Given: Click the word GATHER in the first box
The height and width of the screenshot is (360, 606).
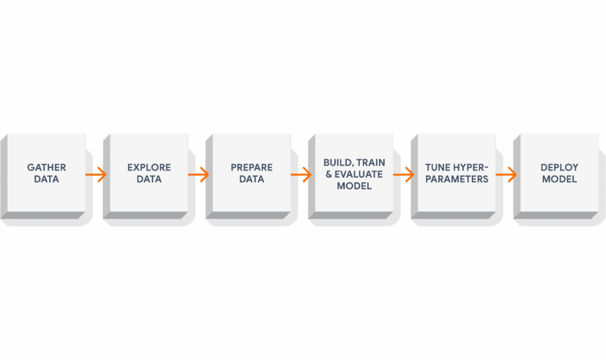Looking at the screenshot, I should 47,168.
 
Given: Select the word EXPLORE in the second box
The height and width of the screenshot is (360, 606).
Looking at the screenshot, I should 149,168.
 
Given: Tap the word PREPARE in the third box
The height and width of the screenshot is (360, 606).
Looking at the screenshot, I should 252,168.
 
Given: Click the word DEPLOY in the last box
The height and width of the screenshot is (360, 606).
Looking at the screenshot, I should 559,168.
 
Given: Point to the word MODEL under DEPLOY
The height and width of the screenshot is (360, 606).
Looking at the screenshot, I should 559,179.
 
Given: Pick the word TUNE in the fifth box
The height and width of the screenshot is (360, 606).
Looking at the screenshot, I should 439,168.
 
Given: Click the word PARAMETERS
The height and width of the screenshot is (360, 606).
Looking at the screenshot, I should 456,179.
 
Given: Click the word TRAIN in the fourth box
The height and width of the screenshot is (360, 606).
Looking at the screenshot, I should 372,162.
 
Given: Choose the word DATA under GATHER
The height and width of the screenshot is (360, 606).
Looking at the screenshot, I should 47,179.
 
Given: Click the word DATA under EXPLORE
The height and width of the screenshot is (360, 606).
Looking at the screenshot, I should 149,179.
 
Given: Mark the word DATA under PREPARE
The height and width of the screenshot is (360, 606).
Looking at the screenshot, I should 252,179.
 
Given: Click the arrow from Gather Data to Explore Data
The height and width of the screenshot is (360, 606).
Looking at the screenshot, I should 96,175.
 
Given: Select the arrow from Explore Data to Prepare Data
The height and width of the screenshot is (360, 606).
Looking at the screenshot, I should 198,175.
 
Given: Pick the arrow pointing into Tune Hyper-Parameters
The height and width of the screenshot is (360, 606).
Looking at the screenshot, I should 404,175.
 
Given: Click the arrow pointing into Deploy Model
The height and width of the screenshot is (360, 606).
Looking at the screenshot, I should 506,175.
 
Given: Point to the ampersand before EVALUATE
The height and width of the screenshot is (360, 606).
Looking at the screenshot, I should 329,174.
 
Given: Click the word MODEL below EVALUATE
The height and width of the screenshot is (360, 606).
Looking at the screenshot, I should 354,185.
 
